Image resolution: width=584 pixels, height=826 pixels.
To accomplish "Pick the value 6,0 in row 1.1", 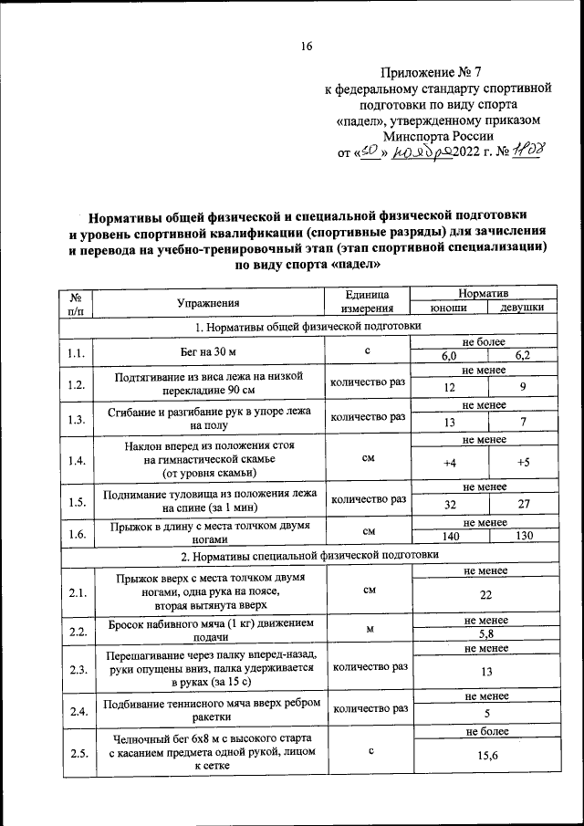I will pyautogui.click(x=449, y=357).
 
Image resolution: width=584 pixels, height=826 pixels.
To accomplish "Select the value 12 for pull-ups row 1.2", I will pyautogui.click(x=449, y=388).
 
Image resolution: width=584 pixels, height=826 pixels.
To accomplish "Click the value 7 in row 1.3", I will pyautogui.click(x=523, y=423).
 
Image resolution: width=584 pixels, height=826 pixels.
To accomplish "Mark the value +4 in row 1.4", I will pyautogui.click(x=449, y=463).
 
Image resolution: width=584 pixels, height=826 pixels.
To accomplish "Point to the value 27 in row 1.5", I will pyautogui.click(x=523, y=503).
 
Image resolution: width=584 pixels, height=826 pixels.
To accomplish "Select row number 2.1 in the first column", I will pyautogui.click(x=77, y=594).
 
